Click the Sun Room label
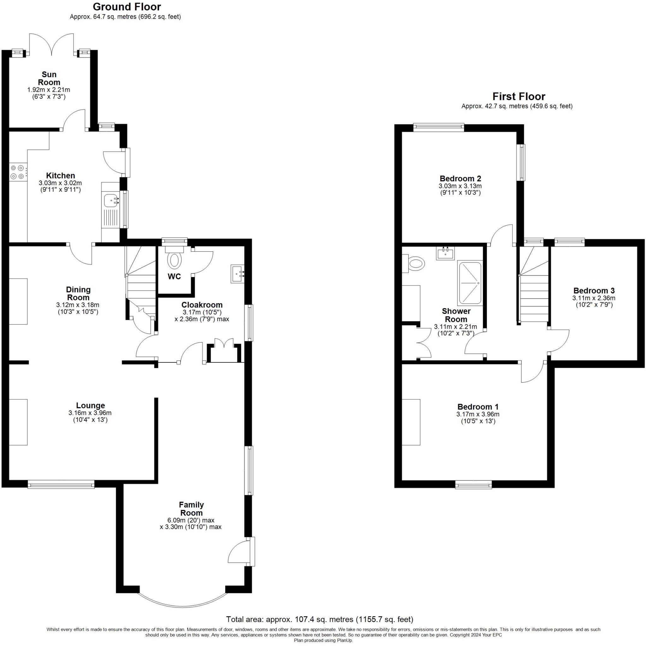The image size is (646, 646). tap(49, 78)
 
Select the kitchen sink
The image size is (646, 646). tap(111, 201)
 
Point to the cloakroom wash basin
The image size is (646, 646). tap(238, 274)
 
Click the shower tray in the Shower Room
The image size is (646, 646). tap(470, 283)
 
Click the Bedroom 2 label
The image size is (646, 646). tap(460, 179)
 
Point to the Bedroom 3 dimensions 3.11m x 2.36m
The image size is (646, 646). tap(594, 298)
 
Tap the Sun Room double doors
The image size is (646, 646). tap(51, 44)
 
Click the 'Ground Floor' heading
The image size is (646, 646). tap(127, 7)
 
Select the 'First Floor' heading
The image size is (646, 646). tap(519, 97)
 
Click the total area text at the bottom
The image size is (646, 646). tap(319, 619)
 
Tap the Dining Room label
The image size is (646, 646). tap(78, 293)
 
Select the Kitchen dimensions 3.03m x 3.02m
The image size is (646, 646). tap(60, 183)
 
